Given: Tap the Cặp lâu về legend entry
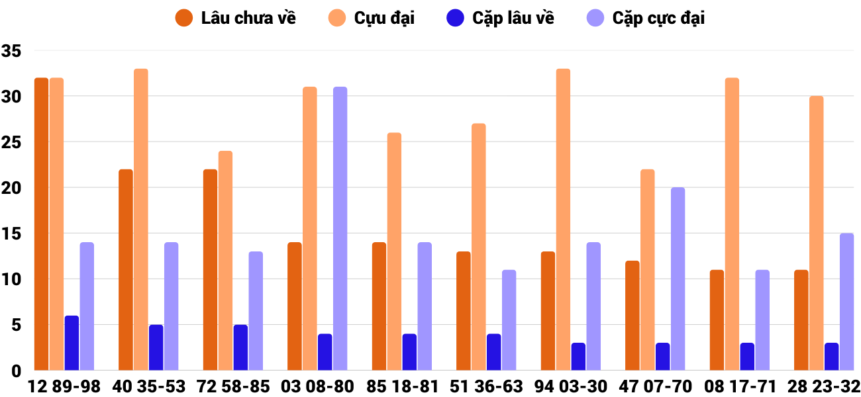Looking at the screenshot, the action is coord(501,18).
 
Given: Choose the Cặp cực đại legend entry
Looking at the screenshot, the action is coord(646,18).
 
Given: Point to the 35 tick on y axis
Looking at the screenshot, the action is coord(12,51).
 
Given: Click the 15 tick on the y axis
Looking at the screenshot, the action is coord(12,234).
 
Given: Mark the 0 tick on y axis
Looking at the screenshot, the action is coord(17,371).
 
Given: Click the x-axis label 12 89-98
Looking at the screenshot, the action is coord(64,386).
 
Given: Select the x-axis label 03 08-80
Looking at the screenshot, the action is coord(317,386).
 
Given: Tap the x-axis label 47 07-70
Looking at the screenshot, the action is coord(655,386).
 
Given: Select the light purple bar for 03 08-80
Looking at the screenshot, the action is coord(340,228).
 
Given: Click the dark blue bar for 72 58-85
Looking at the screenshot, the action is coord(240,347).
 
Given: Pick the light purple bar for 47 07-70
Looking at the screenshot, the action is coord(678,279).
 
